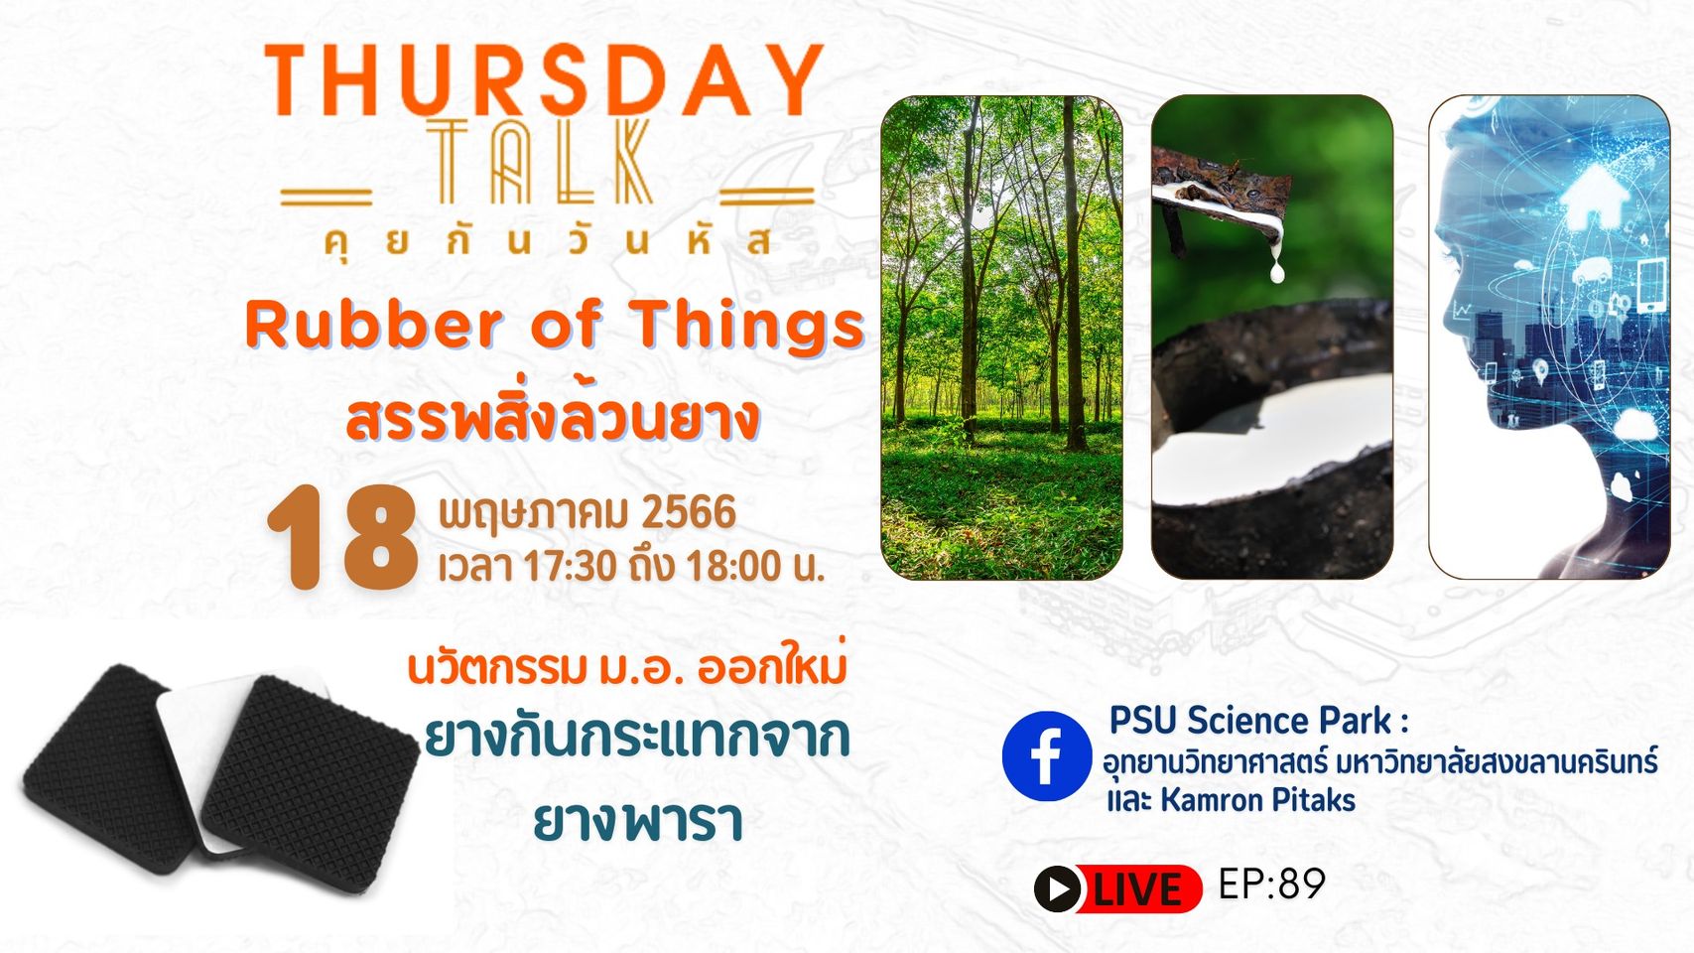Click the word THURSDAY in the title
click(x=544, y=80)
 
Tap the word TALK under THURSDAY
click(x=539, y=162)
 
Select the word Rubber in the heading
click(x=374, y=325)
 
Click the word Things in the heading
click(x=748, y=326)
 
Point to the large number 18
click(x=342, y=538)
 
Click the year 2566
click(x=688, y=512)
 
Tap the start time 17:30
click(x=571, y=567)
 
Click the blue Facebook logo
click(x=1047, y=755)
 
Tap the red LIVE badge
click(x=1118, y=888)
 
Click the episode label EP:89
click(x=1272, y=884)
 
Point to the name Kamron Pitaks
click(x=1257, y=800)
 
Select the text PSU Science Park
click(x=1250, y=721)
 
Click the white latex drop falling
click(x=1277, y=270)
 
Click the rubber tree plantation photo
click(x=1001, y=338)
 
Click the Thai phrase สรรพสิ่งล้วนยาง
click(x=553, y=420)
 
